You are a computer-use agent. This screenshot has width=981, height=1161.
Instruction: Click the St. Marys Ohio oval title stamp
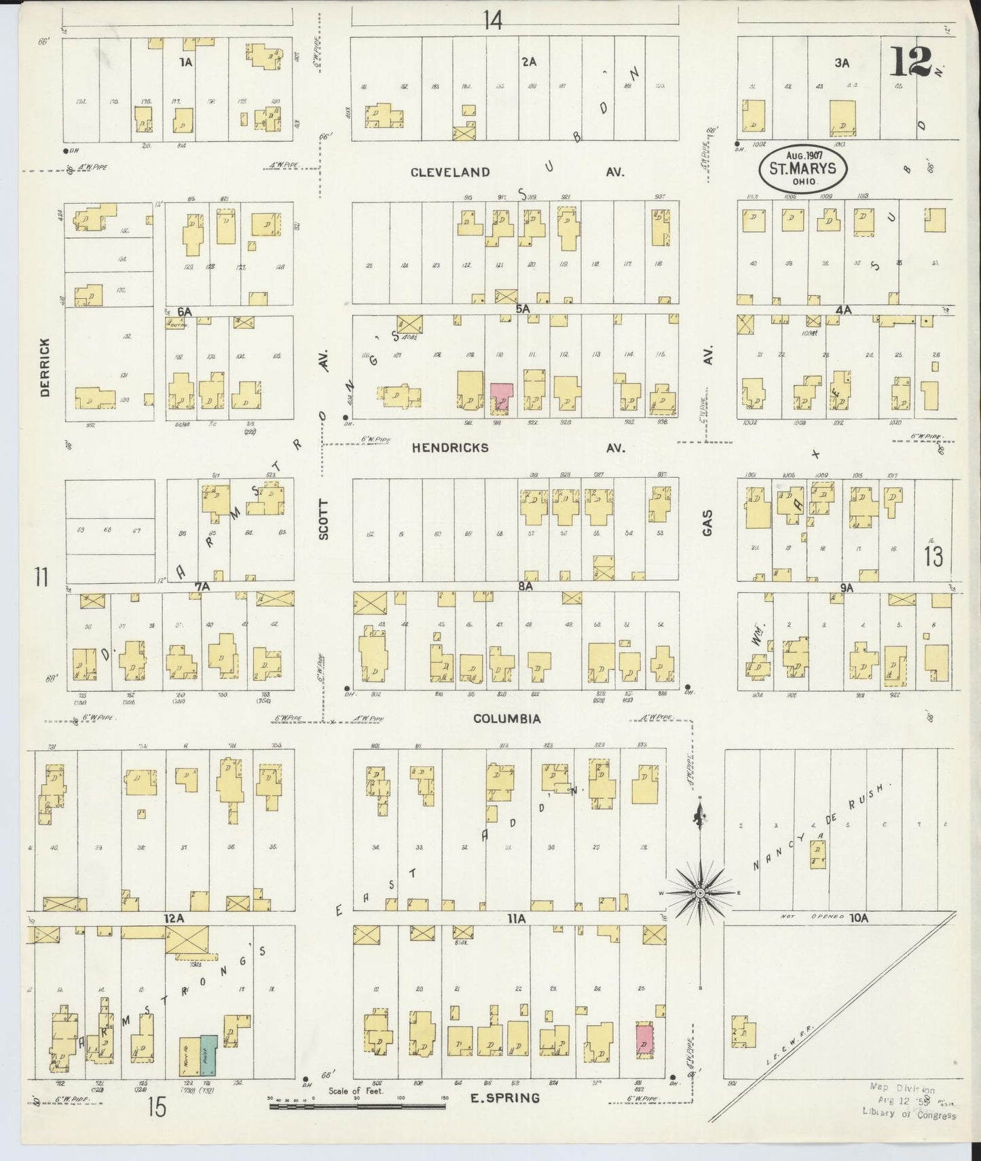802,167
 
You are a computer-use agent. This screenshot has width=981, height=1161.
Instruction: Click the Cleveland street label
450,172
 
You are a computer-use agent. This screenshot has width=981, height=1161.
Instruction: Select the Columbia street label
507,719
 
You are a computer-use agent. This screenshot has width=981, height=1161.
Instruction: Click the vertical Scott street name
324,520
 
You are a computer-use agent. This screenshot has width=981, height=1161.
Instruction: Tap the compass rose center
700,893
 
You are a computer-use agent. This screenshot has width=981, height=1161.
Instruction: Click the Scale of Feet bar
357,1106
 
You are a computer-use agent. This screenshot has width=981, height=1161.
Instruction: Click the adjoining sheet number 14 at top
493,21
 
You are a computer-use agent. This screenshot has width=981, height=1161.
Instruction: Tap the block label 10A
858,917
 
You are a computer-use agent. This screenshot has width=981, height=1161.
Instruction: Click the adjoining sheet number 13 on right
933,557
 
